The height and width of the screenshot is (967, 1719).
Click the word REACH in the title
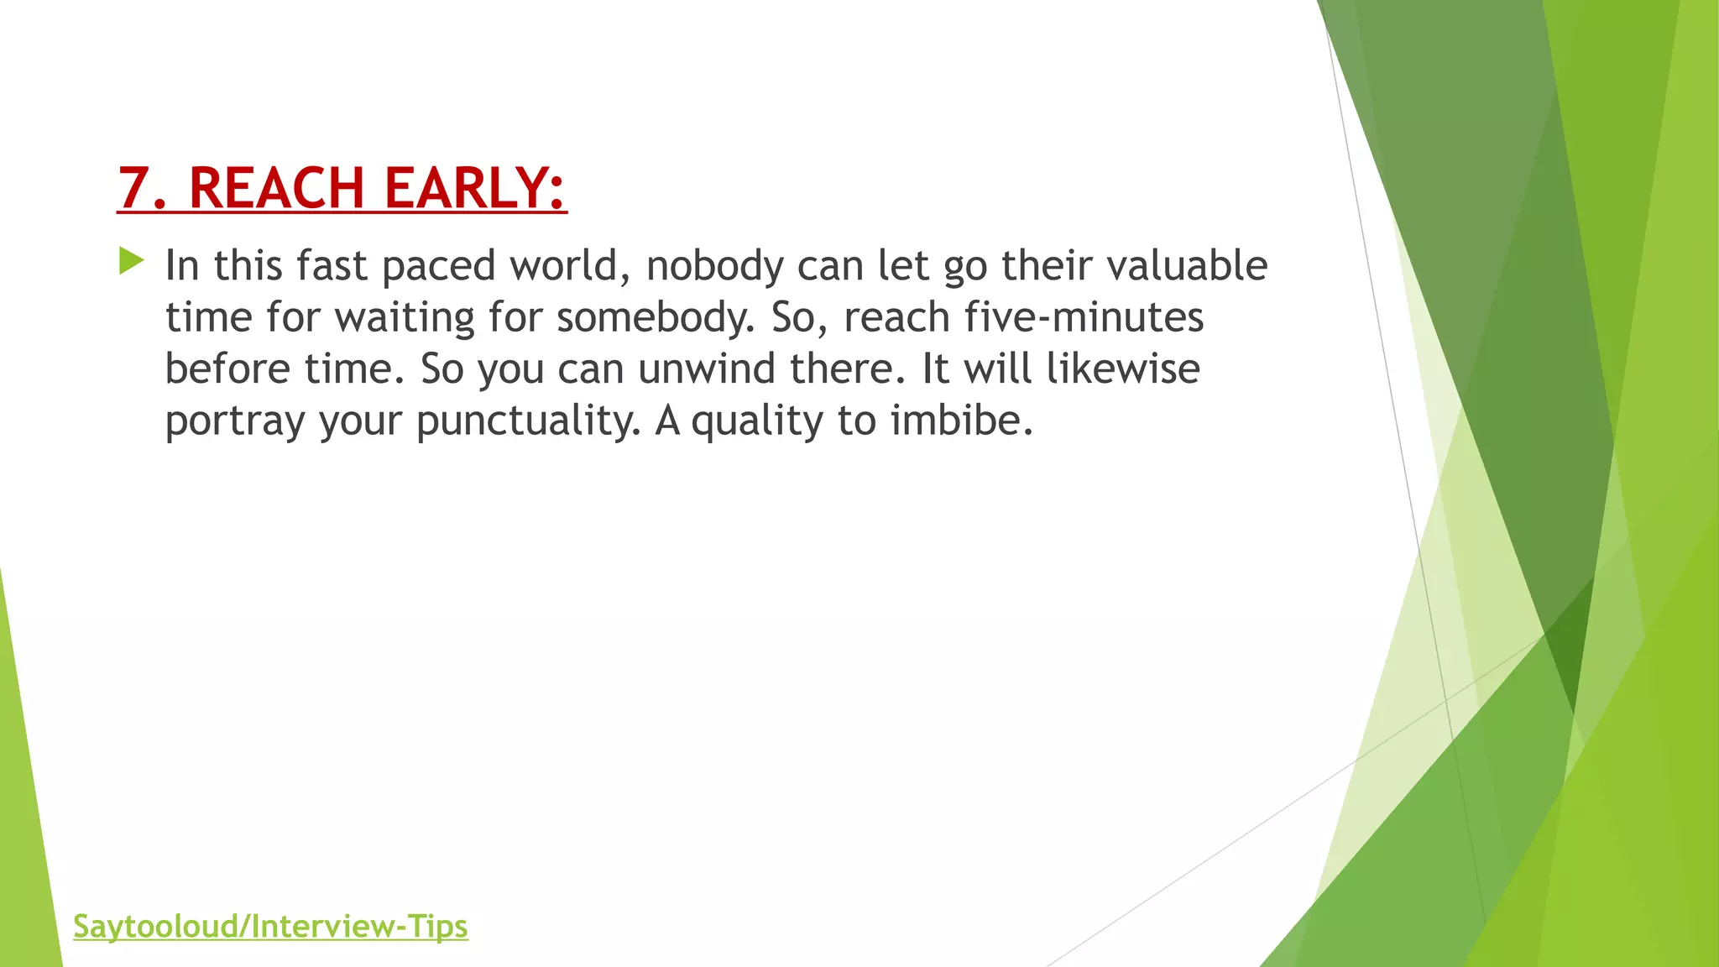tap(276, 187)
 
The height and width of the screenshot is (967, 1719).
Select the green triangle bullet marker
tap(131, 261)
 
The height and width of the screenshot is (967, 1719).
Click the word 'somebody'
tap(655, 318)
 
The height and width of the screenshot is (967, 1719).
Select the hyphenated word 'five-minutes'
tap(1084, 318)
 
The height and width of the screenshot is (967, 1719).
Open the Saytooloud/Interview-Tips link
tap(270, 927)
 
